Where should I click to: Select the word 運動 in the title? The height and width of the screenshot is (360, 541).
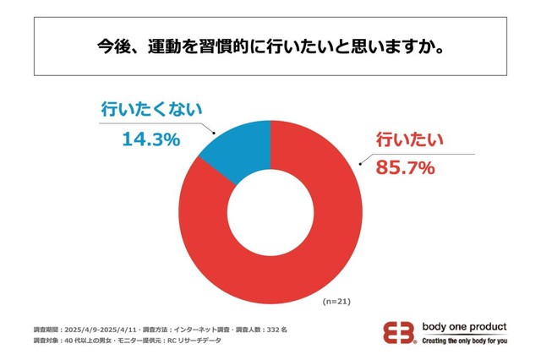(168, 44)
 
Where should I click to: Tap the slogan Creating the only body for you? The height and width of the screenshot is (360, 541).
(464, 341)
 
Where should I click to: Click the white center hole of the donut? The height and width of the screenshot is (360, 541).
(270, 210)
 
